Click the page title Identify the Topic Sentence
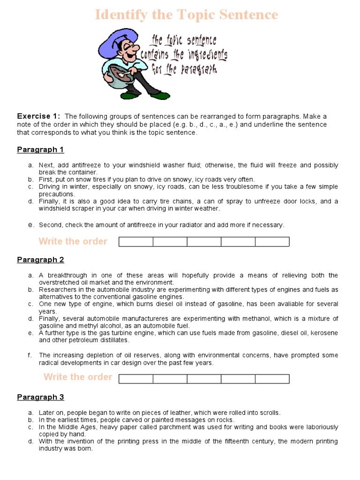click(x=186, y=15)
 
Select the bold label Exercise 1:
click(x=39, y=116)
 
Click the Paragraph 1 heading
click(x=40, y=150)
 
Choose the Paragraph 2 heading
click(x=40, y=260)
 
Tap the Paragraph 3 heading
click(x=40, y=397)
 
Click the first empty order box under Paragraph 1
click(x=136, y=242)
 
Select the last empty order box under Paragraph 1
click(x=272, y=242)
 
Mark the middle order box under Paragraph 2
click(x=204, y=379)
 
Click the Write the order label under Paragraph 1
click(x=73, y=241)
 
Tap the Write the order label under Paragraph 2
click(x=78, y=377)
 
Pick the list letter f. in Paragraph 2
click(x=30, y=355)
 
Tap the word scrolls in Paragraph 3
click(x=269, y=413)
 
